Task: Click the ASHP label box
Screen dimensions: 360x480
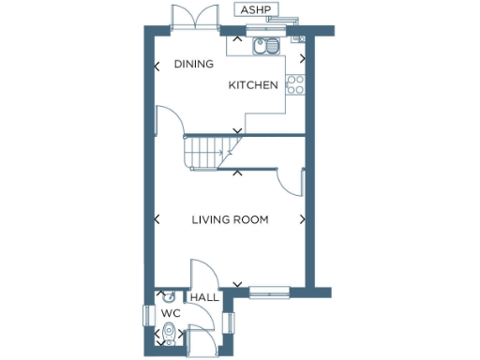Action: click(x=254, y=10)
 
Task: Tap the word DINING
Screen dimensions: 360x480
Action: click(x=194, y=65)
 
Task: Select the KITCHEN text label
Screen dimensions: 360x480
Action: click(x=254, y=85)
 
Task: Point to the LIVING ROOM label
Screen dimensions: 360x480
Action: click(x=230, y=220)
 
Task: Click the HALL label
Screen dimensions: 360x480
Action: click(x=204, y=298)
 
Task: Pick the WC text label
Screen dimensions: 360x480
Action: click(x=170, y=313)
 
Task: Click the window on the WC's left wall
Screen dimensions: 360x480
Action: click(x=147, y=316)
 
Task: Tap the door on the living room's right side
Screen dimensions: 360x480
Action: click(x=293, y=182)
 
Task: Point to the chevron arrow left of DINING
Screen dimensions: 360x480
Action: click(x=156, y=66)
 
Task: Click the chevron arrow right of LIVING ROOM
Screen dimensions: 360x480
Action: click(x=302, y=220)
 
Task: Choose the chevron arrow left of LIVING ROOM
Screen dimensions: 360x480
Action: click(x=156, y=220)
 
